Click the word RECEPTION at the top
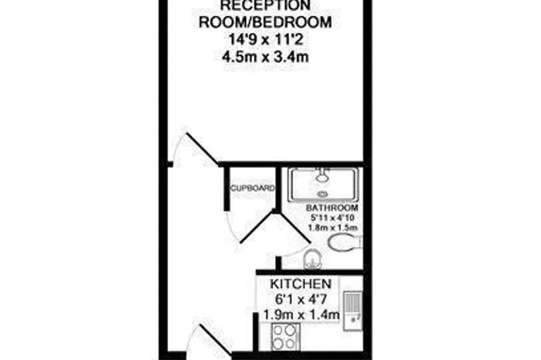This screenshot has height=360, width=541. pos(265,5)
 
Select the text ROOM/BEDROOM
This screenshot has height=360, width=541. pos(265,22)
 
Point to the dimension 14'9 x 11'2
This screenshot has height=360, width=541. pos(265,40)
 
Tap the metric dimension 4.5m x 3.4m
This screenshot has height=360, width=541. pos(265,57)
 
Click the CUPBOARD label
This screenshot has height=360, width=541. pos(253,189)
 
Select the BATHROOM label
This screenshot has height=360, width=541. pos(332,208)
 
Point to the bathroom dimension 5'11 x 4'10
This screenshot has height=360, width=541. pos(333,218)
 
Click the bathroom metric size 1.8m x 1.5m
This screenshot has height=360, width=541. pos(333,228)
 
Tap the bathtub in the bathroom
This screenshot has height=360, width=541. pos(323,184)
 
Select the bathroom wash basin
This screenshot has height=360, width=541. pos(313,258)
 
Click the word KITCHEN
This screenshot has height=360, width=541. pos(300,284)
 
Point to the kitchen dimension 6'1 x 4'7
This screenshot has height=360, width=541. pos(301,299)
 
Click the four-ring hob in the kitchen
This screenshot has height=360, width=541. pos(285,336)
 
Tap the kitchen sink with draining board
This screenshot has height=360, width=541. pos(352,311)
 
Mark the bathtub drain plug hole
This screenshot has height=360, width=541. pos(323,195)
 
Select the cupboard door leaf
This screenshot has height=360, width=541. pos(257,227)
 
